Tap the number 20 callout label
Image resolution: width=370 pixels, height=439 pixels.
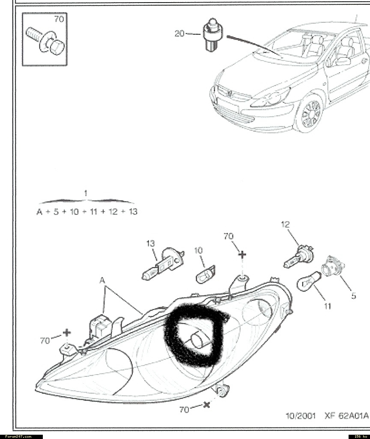180,33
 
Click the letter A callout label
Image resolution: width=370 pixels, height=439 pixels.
102,280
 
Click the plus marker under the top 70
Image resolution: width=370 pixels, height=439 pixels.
242,255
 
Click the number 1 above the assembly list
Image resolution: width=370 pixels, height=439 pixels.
86,193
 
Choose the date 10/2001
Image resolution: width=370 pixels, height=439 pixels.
301,416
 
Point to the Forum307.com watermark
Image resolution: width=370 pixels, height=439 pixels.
15,436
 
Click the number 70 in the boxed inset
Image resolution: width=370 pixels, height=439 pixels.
58,19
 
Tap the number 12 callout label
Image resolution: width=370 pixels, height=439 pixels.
286,224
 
